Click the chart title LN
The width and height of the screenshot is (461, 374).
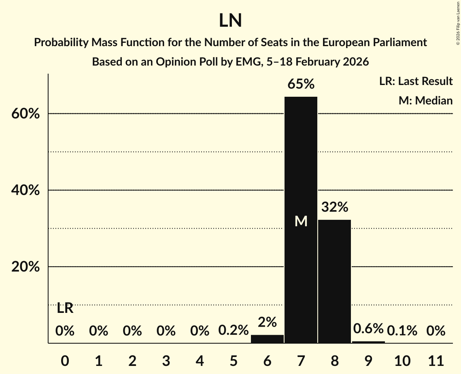(230, 21)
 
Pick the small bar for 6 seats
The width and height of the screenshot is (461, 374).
(267, 339)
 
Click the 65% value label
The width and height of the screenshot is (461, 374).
(301, 84)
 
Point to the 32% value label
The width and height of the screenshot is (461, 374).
(334, 207)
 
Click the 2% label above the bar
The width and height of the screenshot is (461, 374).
(267, 322)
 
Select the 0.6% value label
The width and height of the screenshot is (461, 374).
(368, 329)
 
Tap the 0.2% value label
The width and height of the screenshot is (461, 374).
(233, 331)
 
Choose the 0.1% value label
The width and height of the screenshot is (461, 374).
(402, 331)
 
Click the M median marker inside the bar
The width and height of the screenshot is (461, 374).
(301, 221)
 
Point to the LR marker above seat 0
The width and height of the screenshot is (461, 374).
(65, 308)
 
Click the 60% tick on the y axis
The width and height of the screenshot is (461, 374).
(25, 114)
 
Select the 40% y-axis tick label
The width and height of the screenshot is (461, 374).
(25, 190)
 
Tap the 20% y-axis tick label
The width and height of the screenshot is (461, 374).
(25, 267)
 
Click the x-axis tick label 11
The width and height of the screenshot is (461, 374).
(436, 360)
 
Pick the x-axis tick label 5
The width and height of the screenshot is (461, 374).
(233, 360)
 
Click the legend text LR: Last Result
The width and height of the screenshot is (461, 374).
(416, 81)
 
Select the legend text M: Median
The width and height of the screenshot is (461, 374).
(425, 100)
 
